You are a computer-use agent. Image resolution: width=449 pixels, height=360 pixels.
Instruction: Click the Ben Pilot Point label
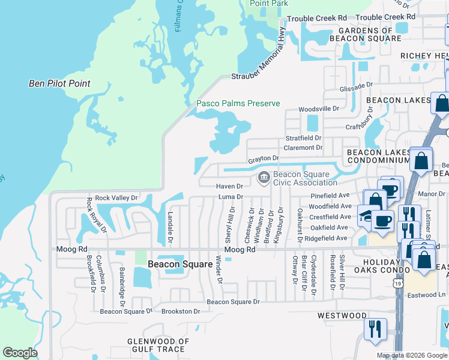point(59,83)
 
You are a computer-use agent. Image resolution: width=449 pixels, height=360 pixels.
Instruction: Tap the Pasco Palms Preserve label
point(238,103)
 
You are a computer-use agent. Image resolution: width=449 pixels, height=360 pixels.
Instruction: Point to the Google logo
point(20,353)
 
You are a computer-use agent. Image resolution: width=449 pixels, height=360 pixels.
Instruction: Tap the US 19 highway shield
point(397,284)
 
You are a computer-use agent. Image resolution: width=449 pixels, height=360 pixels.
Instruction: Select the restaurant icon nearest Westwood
point(375,329)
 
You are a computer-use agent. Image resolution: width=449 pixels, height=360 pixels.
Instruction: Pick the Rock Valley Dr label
point(116,197)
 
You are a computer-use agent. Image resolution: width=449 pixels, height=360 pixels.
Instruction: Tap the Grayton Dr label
point(264,158)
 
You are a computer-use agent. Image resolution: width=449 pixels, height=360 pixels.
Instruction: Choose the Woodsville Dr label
point(319,109)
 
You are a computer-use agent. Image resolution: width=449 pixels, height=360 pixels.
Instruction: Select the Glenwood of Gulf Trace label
point(158,346)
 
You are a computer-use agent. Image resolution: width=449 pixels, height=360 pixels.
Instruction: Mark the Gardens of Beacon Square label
point(369,34)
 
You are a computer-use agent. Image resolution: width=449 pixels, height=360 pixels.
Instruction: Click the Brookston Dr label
point(180,311)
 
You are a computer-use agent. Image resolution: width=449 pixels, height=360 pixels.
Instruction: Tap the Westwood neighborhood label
point(342,316)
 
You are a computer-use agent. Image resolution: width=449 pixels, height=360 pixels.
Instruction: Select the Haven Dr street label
point(229,187)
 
